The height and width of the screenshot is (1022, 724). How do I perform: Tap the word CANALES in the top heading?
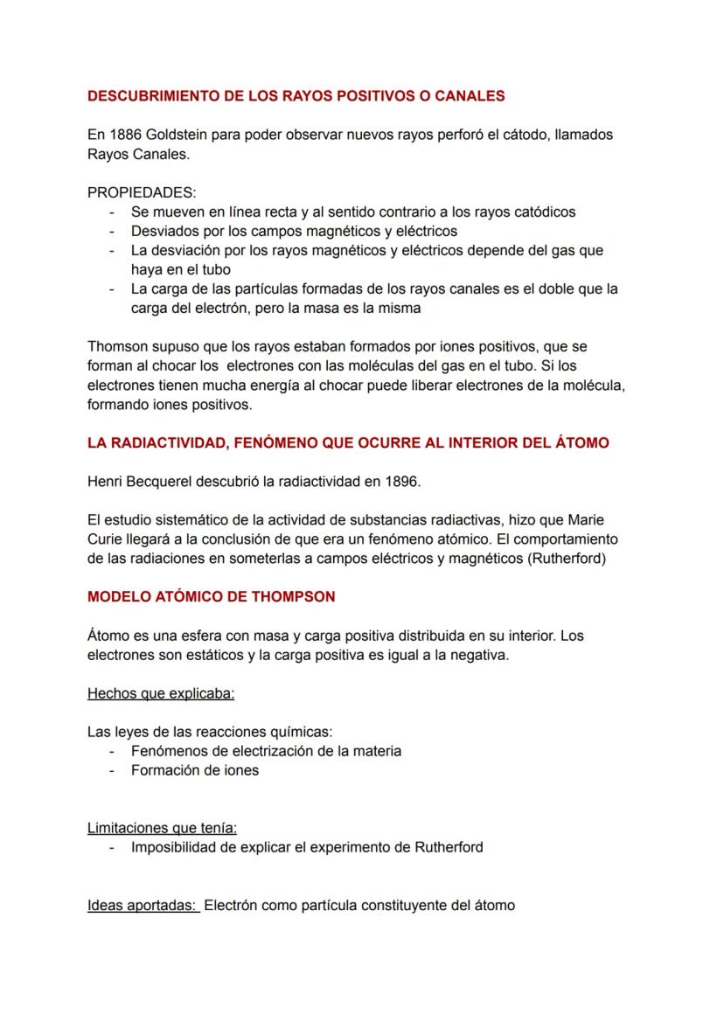[x=475, y=96]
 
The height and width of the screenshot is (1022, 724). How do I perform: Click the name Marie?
[x=599, y=520]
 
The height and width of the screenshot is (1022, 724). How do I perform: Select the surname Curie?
[x=106, y=539]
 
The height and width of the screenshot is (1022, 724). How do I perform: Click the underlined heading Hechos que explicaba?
[x=161, y=694]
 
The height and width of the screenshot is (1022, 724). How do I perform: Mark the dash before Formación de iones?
[x=112, y=771]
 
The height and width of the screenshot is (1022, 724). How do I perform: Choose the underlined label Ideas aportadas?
[x=143, y=905]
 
